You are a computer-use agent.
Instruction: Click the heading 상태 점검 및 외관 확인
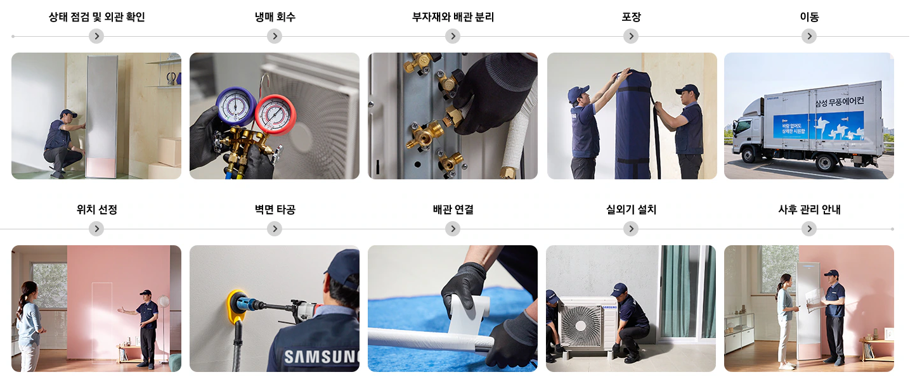click(96, 17)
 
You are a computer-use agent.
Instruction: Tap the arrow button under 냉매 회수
click(275, 36)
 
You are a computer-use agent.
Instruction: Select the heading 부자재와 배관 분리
click(453, 17)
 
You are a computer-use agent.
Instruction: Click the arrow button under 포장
click(631, 36)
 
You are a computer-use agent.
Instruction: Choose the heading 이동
click(809, 17)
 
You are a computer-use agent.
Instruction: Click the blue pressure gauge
click(236, 106)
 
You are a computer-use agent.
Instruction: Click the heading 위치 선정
click(96, 210)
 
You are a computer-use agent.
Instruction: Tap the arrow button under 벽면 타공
click(275, 229)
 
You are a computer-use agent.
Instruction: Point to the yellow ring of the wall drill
click(237, 305)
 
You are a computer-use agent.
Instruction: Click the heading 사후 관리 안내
click(809, 210)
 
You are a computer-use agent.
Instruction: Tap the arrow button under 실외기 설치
click(631, 229)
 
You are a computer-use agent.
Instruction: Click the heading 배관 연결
click(453, 210)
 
